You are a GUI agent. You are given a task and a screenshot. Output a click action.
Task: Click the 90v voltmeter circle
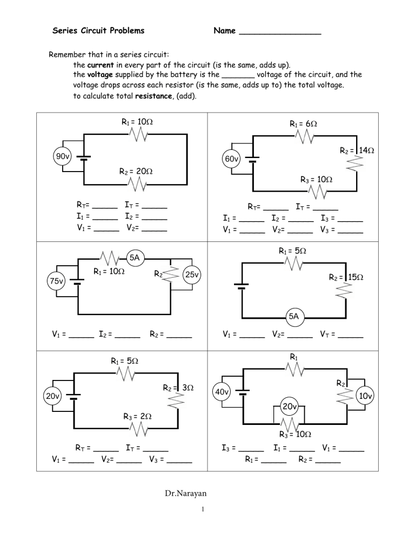tap(62, 156)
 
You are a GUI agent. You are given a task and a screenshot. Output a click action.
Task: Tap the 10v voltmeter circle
tap(365, 396)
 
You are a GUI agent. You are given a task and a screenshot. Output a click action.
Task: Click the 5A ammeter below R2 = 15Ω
tap(293, 316)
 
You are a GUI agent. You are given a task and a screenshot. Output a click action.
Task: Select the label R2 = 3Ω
tap(178, 388)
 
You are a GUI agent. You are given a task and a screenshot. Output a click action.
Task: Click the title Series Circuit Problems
tap(98, 31)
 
